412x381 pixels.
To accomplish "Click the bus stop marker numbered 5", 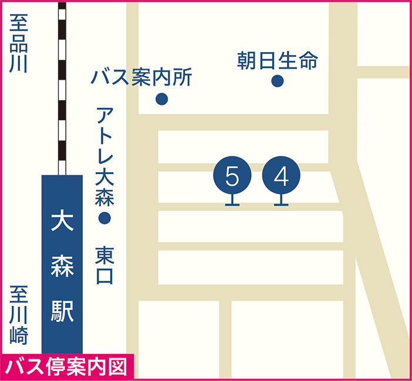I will (x=232, y=175).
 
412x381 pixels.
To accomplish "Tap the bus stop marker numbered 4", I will (x=282, y=175).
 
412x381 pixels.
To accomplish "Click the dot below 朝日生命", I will (x=278, y=81).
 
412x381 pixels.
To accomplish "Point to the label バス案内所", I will (x=142, y=77).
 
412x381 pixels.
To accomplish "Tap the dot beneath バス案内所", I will (x=162, y=99).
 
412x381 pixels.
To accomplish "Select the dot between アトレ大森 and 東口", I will (x=104, y=219).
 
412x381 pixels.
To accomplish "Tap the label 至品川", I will (x=19, y=45).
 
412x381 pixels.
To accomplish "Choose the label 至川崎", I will (x=19, y=314).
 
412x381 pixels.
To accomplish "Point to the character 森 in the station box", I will (x=62, y=267).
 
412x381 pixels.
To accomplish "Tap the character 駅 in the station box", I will (x=62, y=311).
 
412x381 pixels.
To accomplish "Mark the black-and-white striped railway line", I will (x=62, y=88).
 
